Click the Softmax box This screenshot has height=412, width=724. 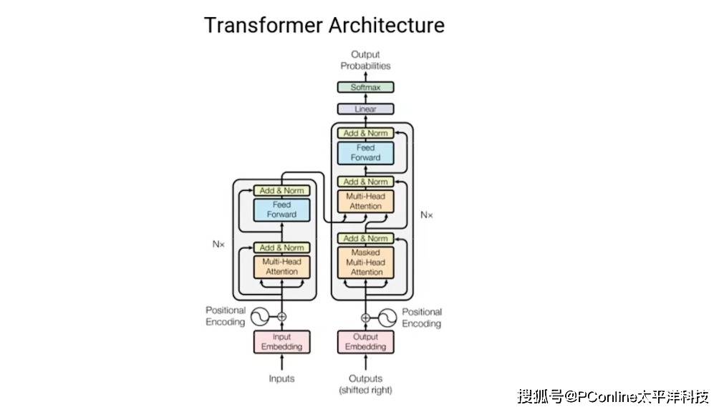(x=365, y=87)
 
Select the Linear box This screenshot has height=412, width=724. (x=365, y=109)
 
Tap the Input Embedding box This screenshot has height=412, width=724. (x=282, y=342)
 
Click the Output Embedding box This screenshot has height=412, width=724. (x=366, y=342)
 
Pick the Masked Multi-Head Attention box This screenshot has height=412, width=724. (x=366, y=263)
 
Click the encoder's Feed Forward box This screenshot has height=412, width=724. (x=282, y=210)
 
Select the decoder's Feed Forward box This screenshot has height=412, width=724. (x=366, y=152)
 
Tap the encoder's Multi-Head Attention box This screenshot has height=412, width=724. (x=282, y=267)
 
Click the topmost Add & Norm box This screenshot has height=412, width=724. (x=366, y=133)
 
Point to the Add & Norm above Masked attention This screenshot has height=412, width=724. (x=366, y=238)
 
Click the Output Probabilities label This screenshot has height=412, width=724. (x=365, y=60)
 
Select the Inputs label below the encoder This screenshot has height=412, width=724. (x=281, y=378)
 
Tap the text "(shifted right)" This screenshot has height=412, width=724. (x=365, y=391)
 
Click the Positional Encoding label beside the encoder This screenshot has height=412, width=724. (x=226, y=316)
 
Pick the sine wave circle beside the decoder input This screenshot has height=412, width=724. (x=387, y=317)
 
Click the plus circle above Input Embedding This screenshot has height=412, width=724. (x=282, y=316)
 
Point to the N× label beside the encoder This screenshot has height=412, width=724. (x=218, y=244)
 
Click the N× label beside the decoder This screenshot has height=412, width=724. (x=427, y=214)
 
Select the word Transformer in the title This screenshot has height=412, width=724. (x=264, y=25)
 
